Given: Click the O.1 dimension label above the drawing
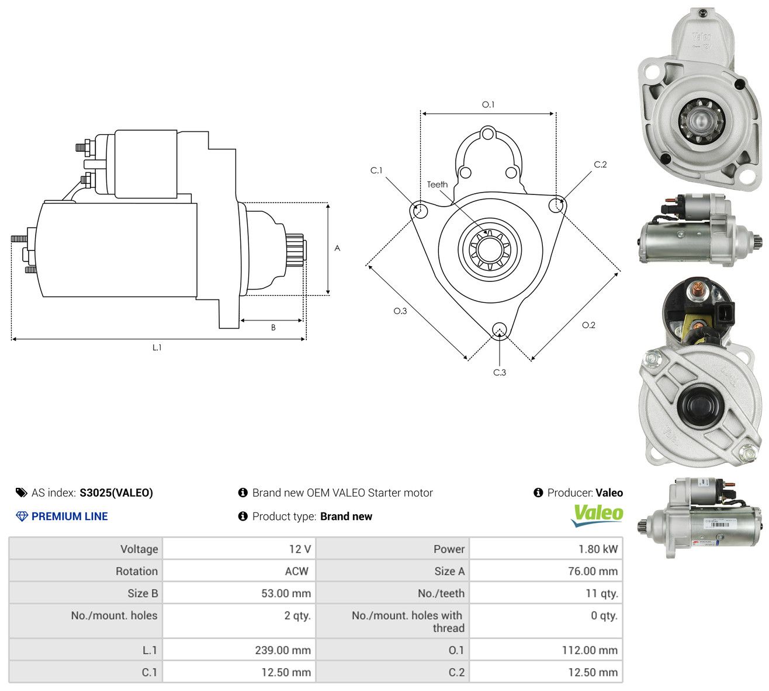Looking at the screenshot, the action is [x=488, y=104].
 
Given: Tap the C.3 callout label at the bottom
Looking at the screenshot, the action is [x=500, y=372].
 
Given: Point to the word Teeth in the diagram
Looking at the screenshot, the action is [x=438, y=184].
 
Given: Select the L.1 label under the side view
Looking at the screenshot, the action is [x=157, y=347].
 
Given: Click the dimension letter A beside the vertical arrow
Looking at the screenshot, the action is [x=337, y=248].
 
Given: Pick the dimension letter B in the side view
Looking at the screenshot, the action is [x=273, y=327].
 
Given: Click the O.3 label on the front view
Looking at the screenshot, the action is [x=400, y=311].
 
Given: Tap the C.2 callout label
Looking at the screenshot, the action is [x=600, y=165].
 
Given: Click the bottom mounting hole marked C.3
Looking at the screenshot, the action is [x=499, y=329].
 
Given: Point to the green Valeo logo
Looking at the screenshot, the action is [x=597, y=515].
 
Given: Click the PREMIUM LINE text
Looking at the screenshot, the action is [x=70, y=516].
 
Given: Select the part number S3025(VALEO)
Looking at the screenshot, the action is [x=116, y=493].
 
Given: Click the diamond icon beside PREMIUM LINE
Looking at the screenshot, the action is [x=22, y=516].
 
